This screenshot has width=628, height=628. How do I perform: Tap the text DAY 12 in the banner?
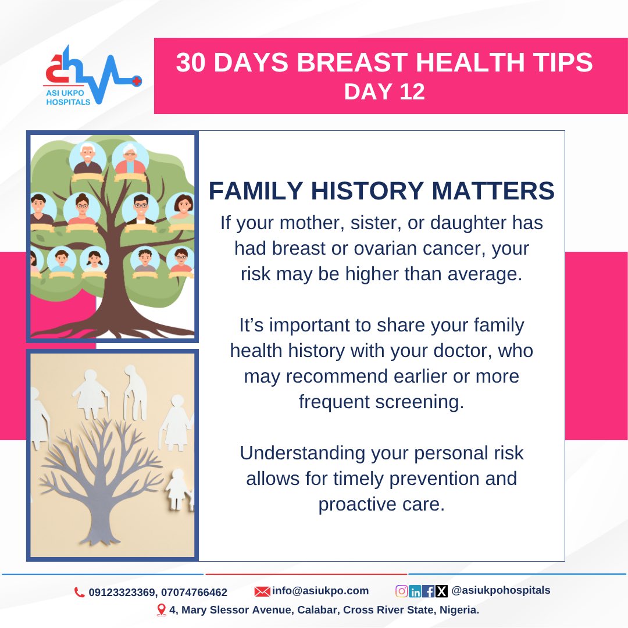384,91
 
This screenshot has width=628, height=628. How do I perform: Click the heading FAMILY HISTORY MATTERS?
381,191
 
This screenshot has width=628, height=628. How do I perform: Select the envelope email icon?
263,591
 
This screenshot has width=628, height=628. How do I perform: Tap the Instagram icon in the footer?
401,591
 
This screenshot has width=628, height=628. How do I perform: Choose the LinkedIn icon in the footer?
415,591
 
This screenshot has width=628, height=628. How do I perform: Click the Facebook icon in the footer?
429,591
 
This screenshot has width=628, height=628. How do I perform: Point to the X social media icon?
441,591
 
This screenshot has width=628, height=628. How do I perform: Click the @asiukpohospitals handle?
501,590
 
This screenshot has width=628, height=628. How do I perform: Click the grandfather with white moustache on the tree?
88,158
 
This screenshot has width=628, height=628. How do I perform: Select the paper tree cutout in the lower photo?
108,483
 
